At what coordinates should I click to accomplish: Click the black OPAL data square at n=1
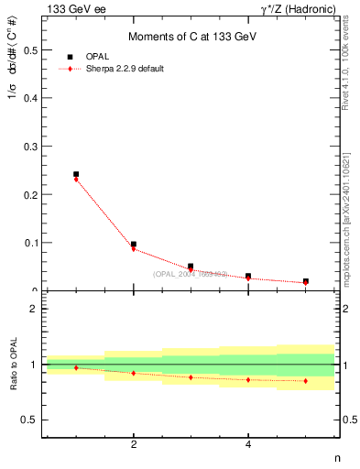(x=76, y=174)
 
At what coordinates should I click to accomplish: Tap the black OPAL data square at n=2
(x=134, y=245)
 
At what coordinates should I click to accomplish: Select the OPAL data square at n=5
(x=305, y=281)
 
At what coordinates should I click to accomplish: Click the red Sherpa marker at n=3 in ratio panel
(x=191, y=377)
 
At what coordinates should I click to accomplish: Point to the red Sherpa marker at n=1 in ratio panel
(x=76, y=367)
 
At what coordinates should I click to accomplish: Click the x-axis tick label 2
(x=134, y=445)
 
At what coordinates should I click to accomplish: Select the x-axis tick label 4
(x=248, y=445)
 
